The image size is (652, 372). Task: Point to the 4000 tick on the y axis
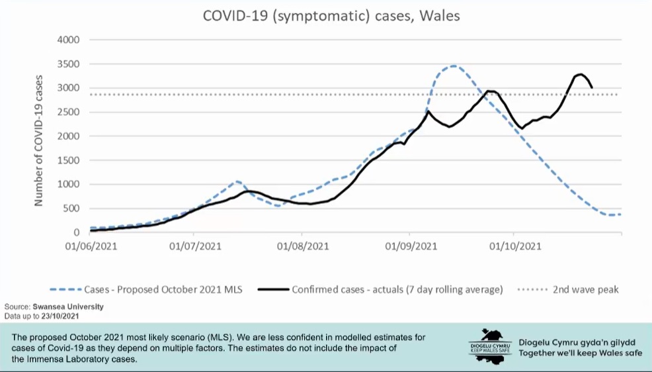tap(67, 40)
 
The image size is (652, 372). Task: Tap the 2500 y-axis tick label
tap(67, 112)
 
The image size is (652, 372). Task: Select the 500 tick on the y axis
tap(70, 209)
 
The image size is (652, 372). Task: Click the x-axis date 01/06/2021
tap(88, 246)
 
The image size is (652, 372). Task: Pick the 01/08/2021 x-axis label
tap(303, 246)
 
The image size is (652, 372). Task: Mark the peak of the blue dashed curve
tap(453, 66)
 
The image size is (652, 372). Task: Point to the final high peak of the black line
tap(580, 74)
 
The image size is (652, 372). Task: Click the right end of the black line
tap(592, 87)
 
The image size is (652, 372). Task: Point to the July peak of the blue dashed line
tap(237, 181)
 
